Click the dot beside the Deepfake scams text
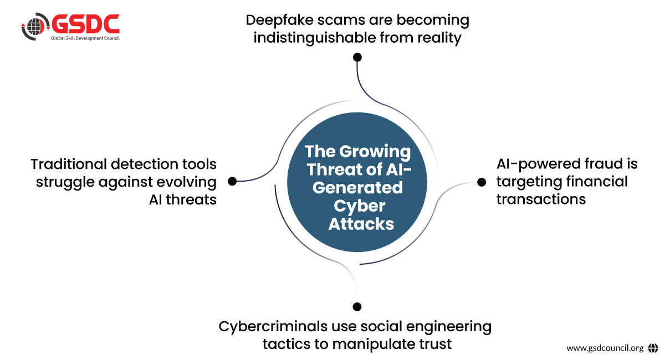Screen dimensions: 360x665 (x=357, y=57)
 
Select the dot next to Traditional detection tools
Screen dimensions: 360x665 (x=233, y=181)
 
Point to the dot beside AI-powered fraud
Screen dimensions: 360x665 (x=481, y=181)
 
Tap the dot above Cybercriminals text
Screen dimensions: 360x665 (x=357, y=306)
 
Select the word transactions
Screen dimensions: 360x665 (x=541, y=199)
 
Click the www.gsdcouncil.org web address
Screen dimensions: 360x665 (x=605, y=348)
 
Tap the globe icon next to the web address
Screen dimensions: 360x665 (x=653, y=348)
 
